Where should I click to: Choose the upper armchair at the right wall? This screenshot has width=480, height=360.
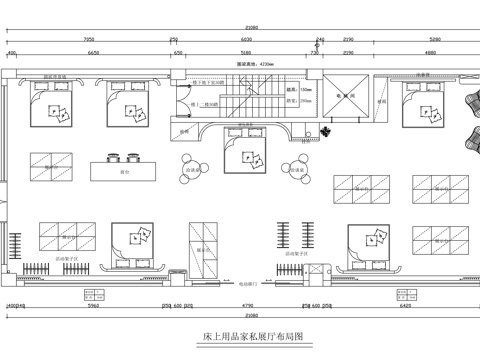click(x=469, y=102)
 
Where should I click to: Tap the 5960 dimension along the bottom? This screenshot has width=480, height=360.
click(x=93, y=306)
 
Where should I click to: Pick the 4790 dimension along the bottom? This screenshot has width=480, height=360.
click(x=244, y=306)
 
